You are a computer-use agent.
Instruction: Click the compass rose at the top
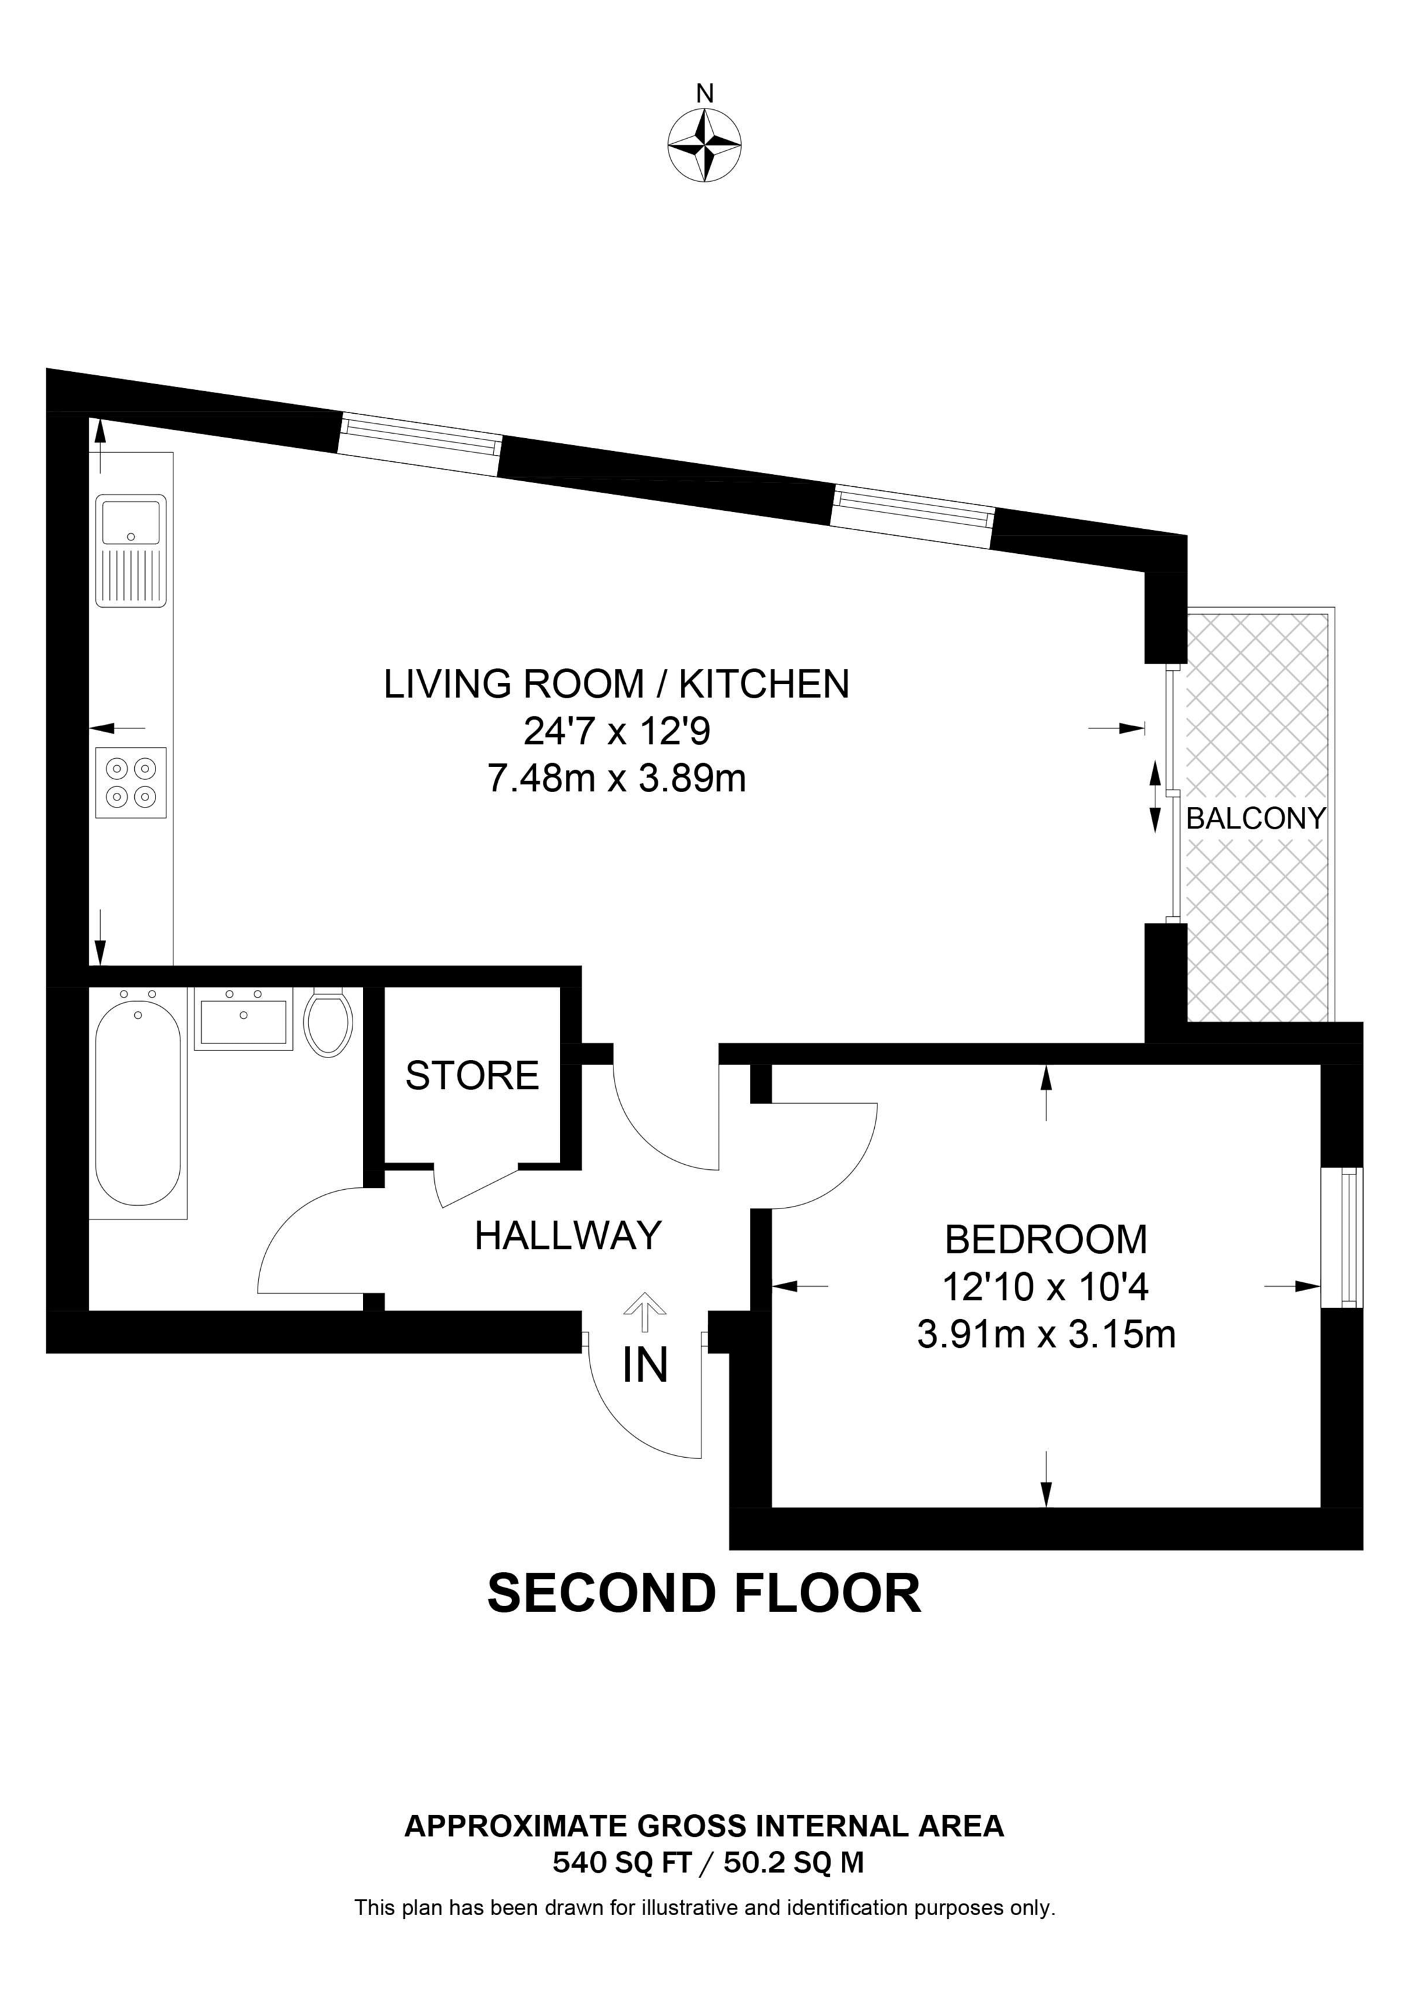click(x=705, y=145)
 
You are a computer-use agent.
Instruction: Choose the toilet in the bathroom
click(x=328, y=1023)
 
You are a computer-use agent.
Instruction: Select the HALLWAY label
click(x=568, y=1235)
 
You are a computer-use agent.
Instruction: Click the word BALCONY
click(x=1256, y=818)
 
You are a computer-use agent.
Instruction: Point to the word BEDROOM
click(x=1046, y=1239)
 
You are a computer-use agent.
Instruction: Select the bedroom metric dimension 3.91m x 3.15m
click(x=1046, y=1334)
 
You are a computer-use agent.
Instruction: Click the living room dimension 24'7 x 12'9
click(x=617, y=731)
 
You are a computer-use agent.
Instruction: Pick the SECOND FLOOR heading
click(x=704, y=1591)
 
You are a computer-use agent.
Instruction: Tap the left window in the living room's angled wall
click(x=420, y=444)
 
